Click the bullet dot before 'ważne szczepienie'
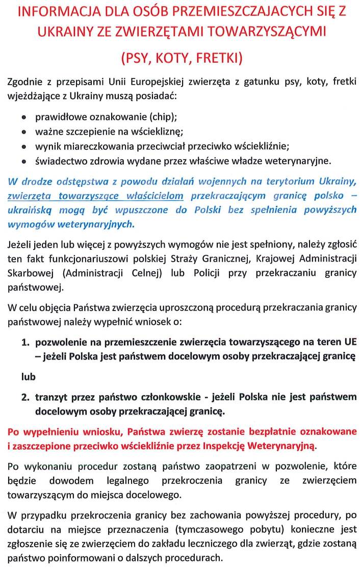tap(23, 132)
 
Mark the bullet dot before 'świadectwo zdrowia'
tap(23, 162)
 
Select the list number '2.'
tap(25, 397)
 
